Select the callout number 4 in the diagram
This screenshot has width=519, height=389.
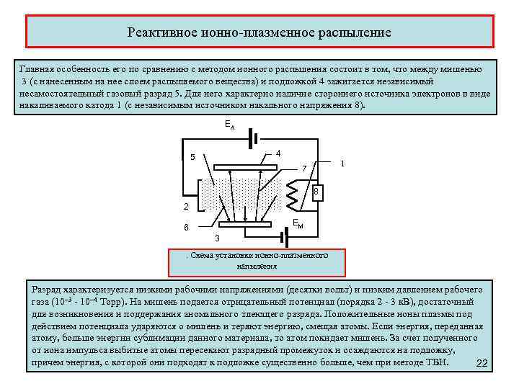[278, 153]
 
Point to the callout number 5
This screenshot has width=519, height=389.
[192, 157]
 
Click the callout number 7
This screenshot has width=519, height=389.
[303, 169]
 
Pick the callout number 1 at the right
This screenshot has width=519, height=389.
[342, 164]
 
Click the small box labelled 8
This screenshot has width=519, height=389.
[316, 192]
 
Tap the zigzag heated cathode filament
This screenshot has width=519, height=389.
[294, 192]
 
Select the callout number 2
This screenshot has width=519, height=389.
[185, 207]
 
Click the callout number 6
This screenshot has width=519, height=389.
[186, 228]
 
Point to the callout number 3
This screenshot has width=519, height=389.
[218, 238]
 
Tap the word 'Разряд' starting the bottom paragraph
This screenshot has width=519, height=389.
[45, 287]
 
